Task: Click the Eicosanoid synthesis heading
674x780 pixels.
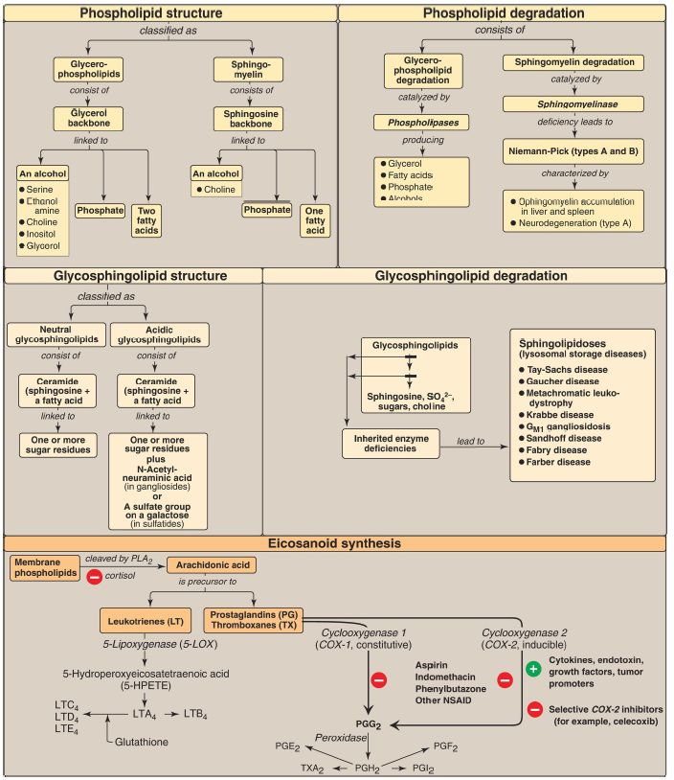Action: tap(337, 543)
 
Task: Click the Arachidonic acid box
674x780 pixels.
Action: tap(213, 565)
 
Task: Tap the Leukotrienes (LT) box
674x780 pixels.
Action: tap(148, 621)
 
